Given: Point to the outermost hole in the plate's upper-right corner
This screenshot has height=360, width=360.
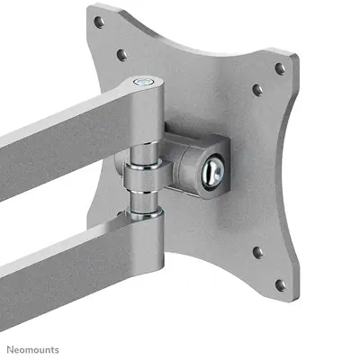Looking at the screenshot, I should tap(280, 67).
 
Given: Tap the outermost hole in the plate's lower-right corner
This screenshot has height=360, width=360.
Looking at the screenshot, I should tap(280, 284).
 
